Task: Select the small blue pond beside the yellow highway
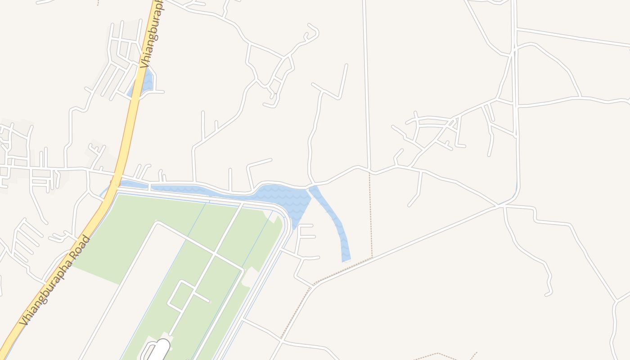145,84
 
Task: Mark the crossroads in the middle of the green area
214,255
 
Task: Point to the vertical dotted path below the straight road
371,216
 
